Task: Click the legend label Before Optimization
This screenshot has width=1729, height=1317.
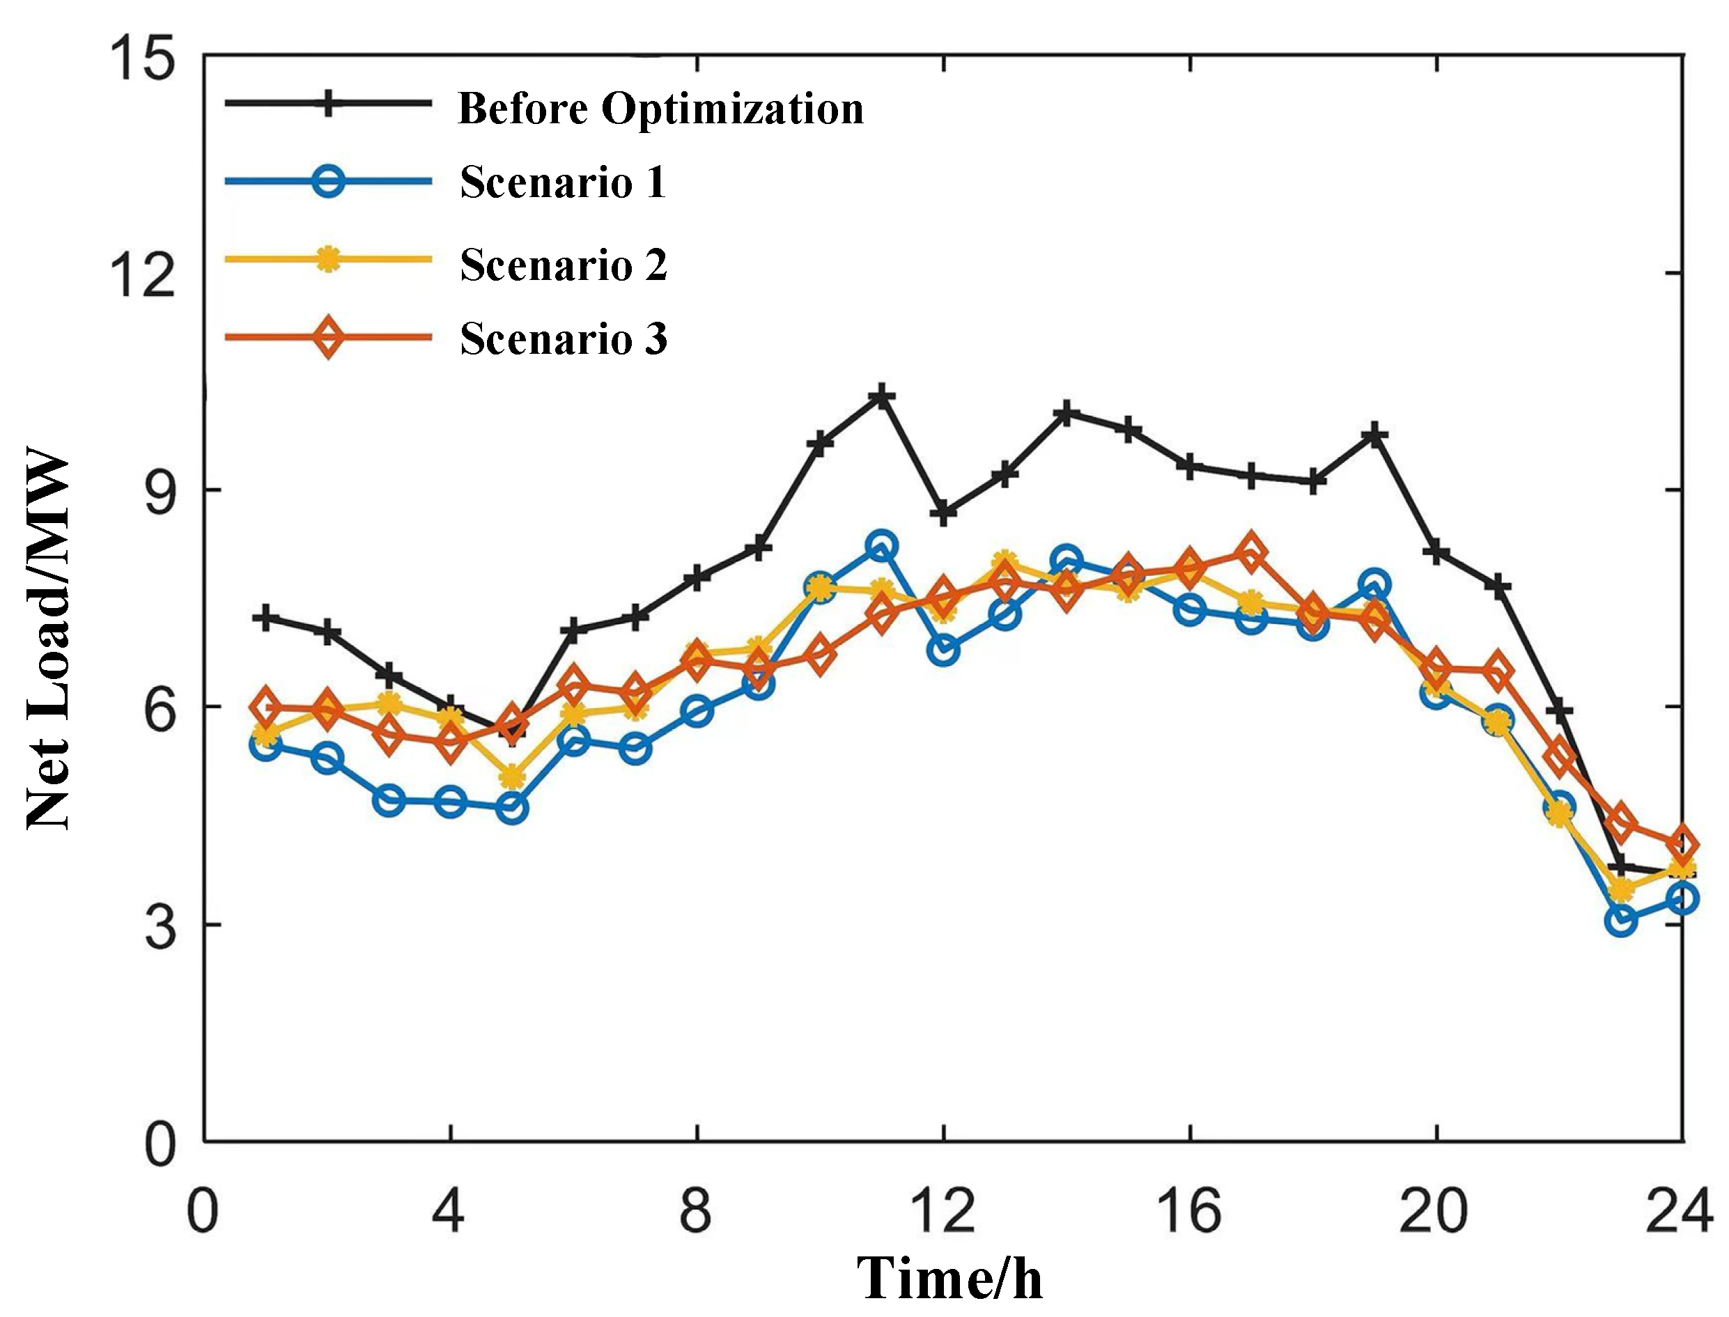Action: [x=660, y=108]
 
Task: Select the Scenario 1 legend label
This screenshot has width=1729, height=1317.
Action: [x=563, y=182]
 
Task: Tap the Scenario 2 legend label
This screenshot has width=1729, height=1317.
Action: [x=564, y=264]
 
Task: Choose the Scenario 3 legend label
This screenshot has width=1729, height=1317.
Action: [x=564, y=338]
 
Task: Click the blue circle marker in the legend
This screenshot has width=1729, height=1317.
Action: [x=328, y=181]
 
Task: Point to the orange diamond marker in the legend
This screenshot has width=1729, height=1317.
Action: [x=328, y=337]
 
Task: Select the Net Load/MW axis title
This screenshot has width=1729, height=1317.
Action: [x=49, y=639]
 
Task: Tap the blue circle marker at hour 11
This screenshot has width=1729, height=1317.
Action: [x=881, y=545]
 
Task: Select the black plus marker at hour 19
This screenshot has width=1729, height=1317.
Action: [x=1374, y=435]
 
